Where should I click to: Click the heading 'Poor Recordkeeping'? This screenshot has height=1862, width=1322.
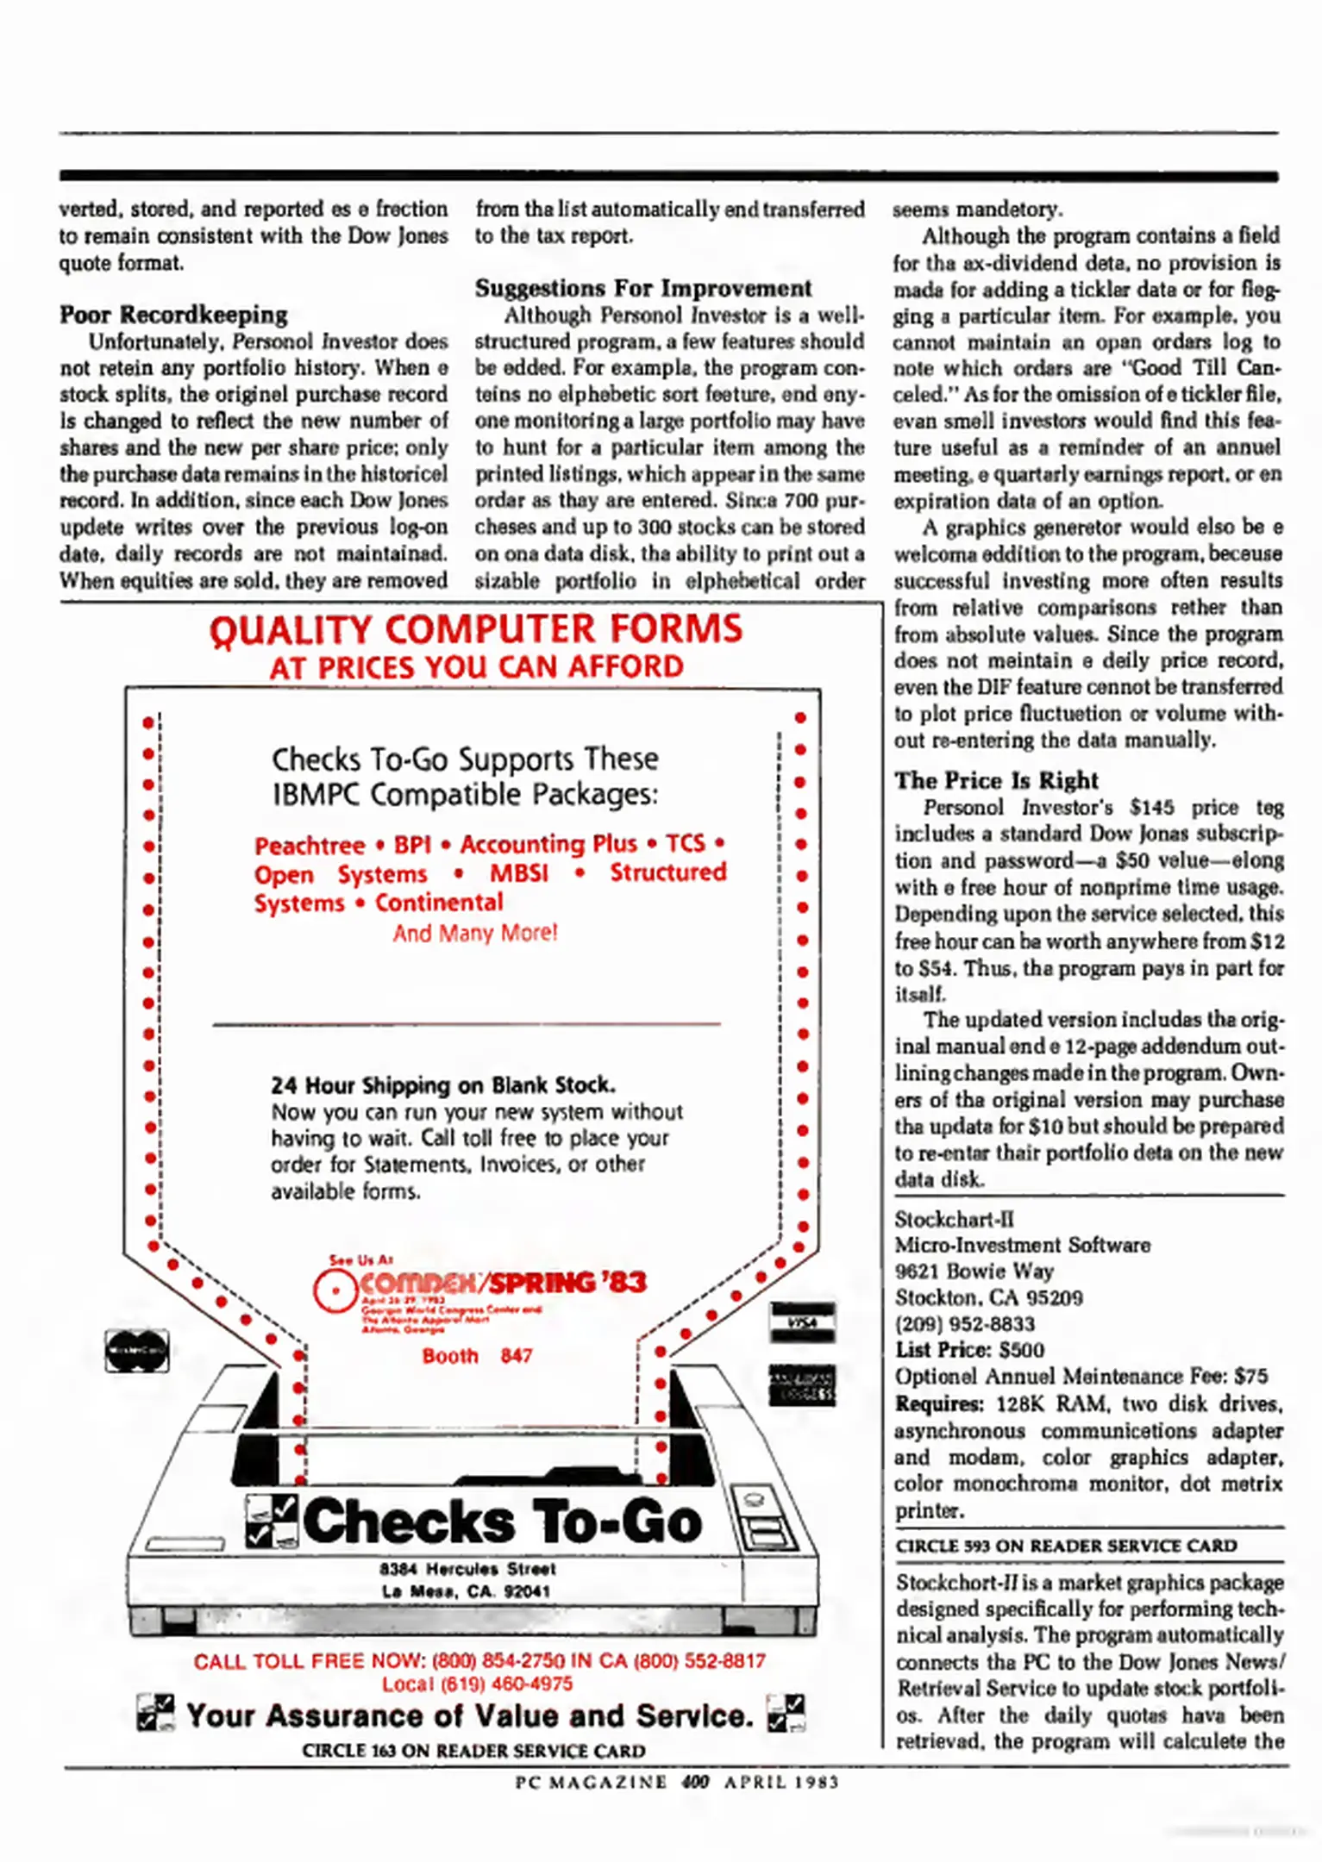tap(173, 315)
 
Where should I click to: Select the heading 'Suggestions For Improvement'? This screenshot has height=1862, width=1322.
tap(642, 288)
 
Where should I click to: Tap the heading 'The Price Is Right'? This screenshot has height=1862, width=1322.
tap(996, 780)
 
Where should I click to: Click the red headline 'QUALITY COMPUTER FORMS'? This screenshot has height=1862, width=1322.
tap(475, 629)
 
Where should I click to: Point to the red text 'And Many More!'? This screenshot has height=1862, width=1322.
tap(475, 933)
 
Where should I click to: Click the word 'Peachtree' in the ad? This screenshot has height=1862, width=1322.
tap(310, 845)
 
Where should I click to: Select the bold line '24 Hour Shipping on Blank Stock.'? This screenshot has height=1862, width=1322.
tap(443, 1084)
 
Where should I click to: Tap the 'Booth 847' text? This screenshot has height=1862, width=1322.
tap(477, 1355)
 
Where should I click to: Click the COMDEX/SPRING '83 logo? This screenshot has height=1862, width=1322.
tap(479, 1284)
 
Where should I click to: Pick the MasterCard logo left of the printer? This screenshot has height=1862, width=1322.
tap(136, 1350)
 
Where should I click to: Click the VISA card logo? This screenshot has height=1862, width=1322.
tap(802, 1322)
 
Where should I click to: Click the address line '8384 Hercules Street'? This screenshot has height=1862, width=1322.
tap(467, 1568)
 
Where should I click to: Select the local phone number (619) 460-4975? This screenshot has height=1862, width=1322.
tap(477, 1684)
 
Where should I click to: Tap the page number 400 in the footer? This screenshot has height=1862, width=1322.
tap(694, 1782)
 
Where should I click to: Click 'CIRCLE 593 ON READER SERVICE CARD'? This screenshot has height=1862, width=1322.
tap(1066, 1546)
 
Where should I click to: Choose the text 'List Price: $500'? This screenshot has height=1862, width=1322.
tap(968, 1350)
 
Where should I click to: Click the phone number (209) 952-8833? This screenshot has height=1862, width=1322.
tap(964, 1323)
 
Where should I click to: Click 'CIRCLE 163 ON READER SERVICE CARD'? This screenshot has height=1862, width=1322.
tap(473, 1751)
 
